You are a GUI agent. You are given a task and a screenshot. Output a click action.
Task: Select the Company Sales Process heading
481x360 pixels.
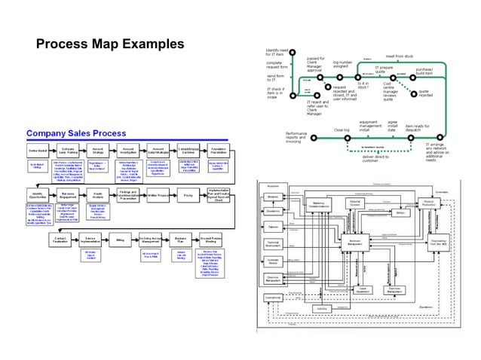click(79, 133)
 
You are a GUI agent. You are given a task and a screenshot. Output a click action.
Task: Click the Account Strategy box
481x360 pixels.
click(97, 151)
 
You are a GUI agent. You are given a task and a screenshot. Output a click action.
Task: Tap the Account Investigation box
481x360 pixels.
click(127, 151)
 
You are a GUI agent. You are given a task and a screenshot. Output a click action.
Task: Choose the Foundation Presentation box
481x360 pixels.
click(219, 151)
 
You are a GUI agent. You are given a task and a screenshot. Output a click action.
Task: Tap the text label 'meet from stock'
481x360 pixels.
click(399, 56)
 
